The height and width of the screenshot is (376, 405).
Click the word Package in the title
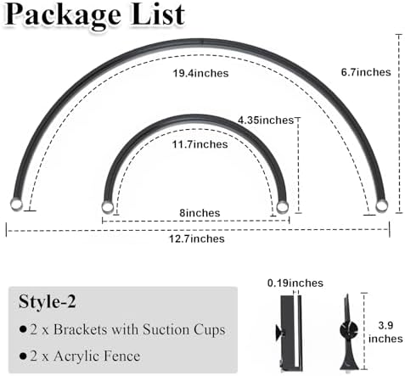click(65, 16)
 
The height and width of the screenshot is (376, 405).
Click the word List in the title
click(158, 14)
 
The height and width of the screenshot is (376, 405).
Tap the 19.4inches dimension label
click(200, 74)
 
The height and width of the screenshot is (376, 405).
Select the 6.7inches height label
click(366, 72)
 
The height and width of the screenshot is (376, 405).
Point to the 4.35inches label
click(266, 121)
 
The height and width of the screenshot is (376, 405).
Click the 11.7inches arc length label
click(200, 144)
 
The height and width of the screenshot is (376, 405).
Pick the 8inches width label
click(200, 213)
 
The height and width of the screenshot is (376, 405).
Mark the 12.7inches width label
click(197, 239)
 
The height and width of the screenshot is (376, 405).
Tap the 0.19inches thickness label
click(295, 283)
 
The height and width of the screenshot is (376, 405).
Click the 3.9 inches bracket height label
click(385, 332)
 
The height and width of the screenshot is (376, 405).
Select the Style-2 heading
click(48, 301)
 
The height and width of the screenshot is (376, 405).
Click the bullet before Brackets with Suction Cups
click(23, 329)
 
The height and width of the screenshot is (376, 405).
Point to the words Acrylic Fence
click(97, 356)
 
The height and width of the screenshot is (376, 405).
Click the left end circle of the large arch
click(16, 205)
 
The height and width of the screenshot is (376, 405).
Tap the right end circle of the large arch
click(381, 205)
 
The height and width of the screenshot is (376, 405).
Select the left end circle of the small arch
click(107, 207)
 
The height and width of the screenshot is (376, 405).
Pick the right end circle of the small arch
click(282, 207)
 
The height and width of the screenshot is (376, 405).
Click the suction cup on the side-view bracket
click(278, 332)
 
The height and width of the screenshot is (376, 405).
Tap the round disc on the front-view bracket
click(348, 330)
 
